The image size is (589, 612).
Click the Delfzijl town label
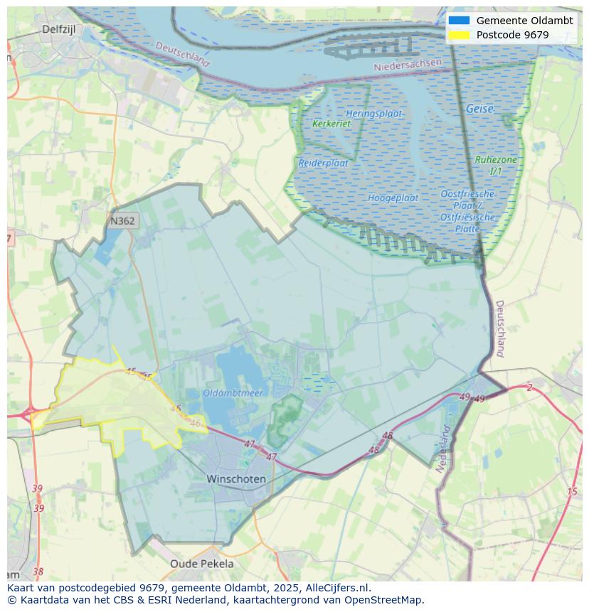58,29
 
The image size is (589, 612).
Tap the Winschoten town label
236,479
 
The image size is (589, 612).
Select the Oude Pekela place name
201,564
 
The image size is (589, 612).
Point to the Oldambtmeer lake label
233,392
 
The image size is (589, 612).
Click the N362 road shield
122,221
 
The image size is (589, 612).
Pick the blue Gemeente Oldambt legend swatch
459,21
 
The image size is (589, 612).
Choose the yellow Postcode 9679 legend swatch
459,35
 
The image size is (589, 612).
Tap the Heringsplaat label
373,114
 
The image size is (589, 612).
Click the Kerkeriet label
331,124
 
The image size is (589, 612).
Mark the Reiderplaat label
323,163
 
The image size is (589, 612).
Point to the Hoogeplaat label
393,198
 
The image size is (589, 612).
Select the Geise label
479,109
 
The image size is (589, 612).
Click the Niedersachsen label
408,65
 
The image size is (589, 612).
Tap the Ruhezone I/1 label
496,165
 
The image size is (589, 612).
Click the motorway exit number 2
529,387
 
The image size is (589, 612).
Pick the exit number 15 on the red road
572,492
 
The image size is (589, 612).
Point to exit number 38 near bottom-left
38,571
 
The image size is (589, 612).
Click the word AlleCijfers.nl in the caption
338,588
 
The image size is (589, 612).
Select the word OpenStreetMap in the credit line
384,600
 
